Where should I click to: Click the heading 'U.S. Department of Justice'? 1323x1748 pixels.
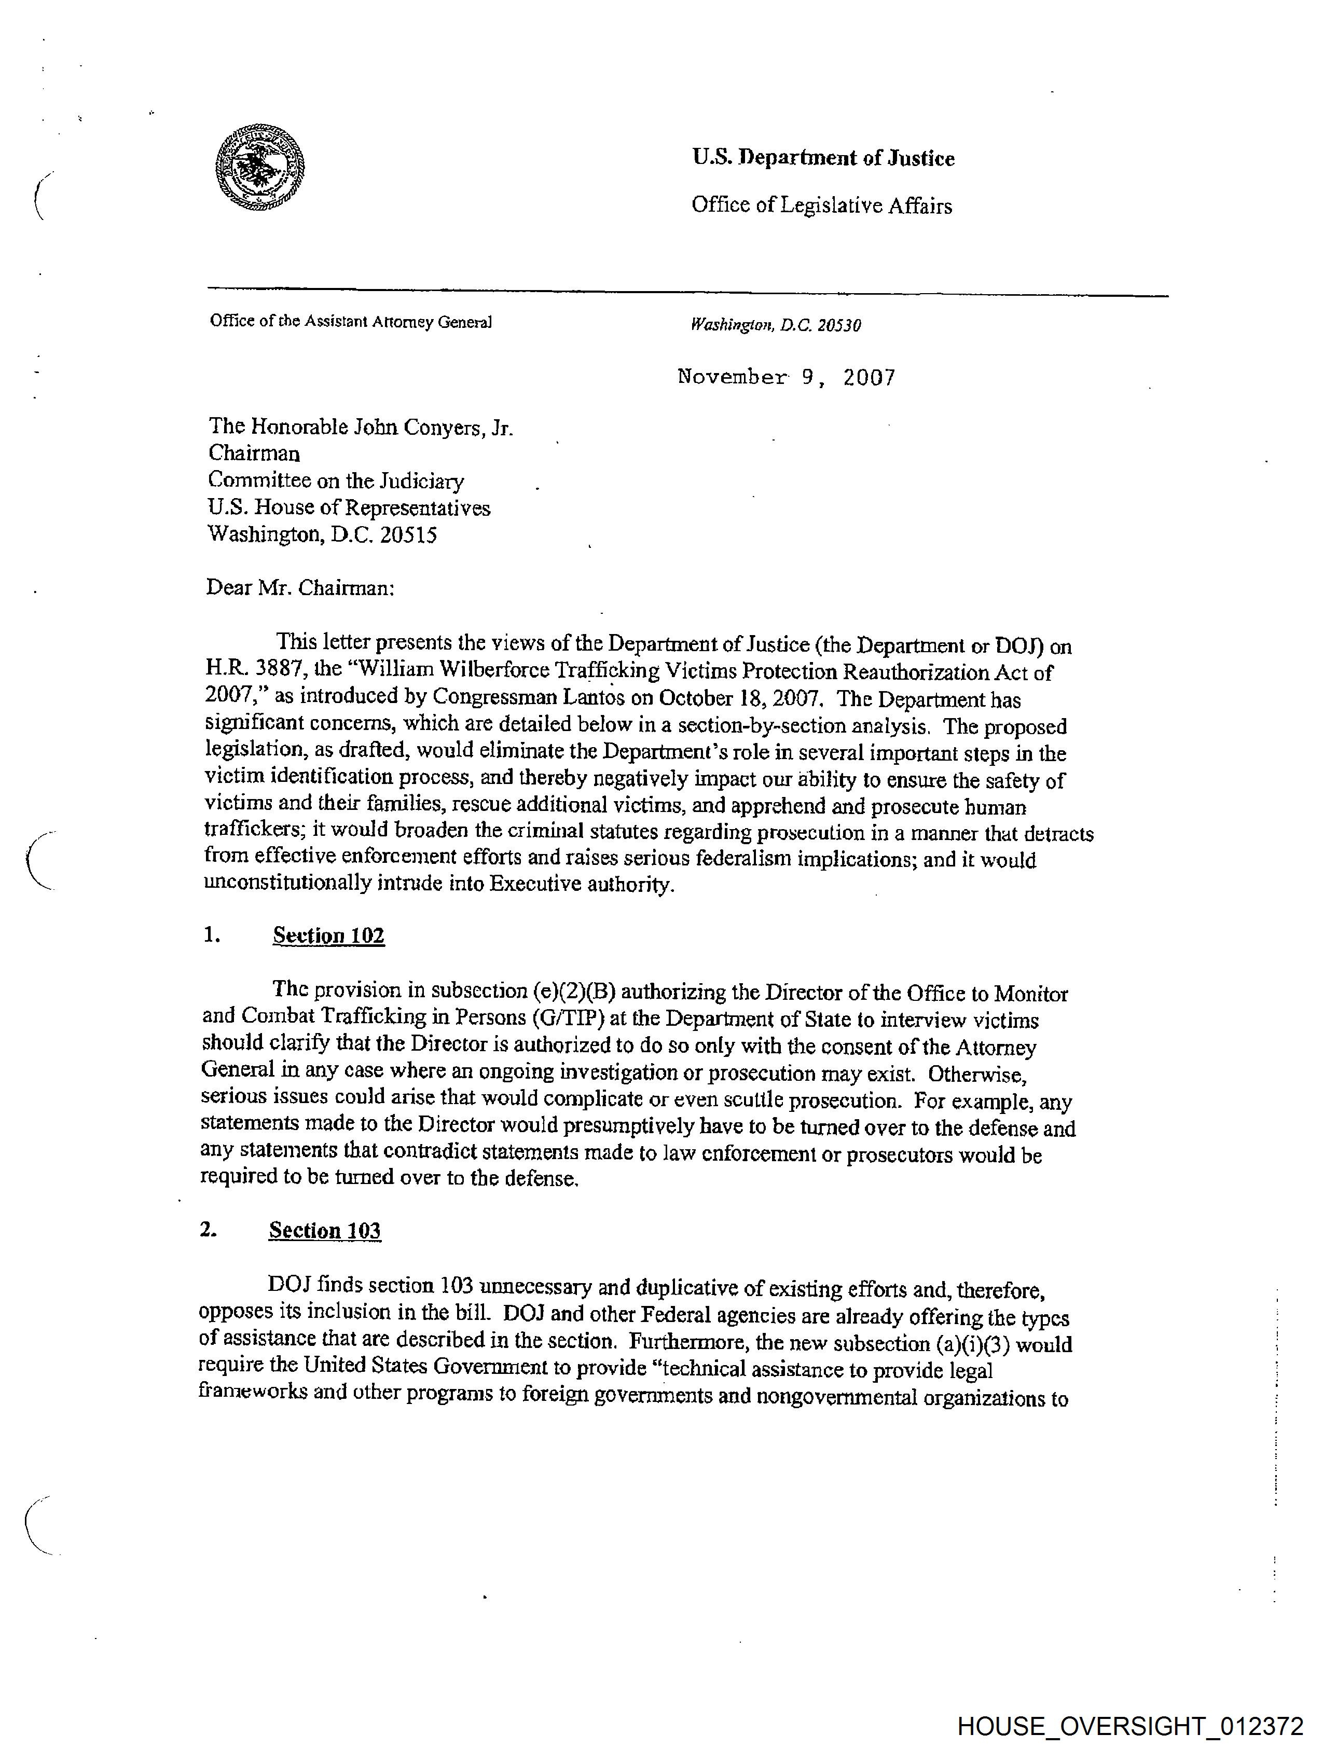tap(823, 158)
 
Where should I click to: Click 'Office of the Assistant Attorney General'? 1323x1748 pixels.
tap(350, 322)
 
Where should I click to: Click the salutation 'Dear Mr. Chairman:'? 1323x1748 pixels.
tap(299, 587)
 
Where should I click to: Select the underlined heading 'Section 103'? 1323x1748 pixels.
tap(324, 1230)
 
